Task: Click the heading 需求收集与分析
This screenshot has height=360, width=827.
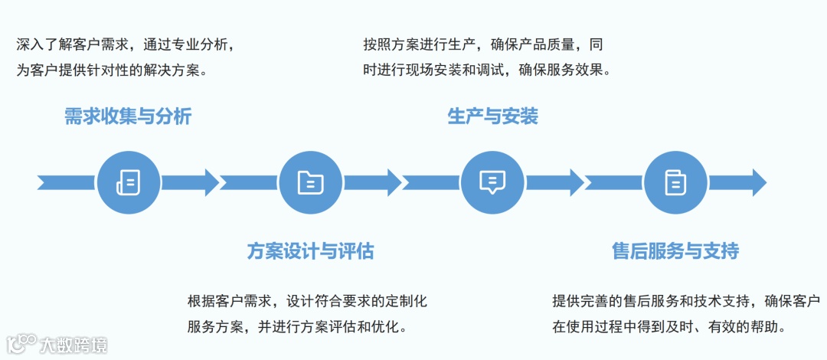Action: click(127, 116)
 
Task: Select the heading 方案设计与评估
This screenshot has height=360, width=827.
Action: click(310, 250)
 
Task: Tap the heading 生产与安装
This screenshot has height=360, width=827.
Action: click(492, 116)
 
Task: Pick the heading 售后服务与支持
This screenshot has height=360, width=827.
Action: click(675, 250)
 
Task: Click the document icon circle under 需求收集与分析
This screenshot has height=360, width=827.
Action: click(128, 182)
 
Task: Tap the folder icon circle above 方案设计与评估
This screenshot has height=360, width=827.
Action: click(310, 182)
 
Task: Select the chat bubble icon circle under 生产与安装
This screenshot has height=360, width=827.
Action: click(492, 182)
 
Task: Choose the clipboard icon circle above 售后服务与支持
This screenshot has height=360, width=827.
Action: click(675, 182)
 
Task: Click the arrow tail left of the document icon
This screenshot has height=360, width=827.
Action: click(66, 182)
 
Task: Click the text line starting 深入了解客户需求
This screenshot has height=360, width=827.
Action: click(125, 44)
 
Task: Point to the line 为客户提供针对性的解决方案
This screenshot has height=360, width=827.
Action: click(113, 70)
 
